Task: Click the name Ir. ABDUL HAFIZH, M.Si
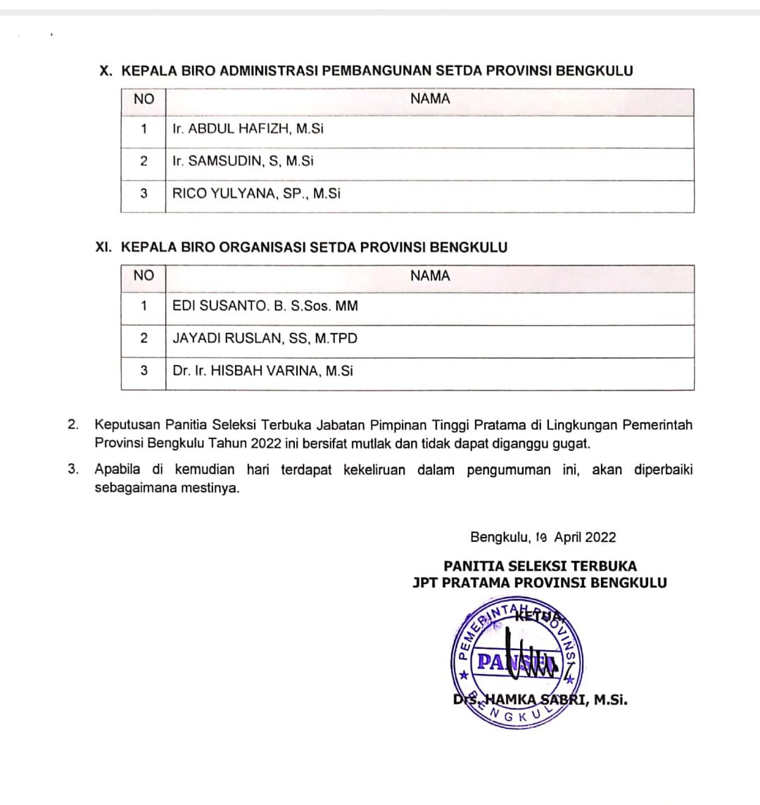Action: coord(248,129)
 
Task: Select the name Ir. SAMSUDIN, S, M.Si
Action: coord(243,161)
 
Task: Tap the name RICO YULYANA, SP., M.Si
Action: coord(256,194)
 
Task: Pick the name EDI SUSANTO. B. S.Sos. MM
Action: coord(265,306)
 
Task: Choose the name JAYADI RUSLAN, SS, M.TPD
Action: coord(265,338)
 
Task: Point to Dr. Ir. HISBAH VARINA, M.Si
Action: coord(262,371)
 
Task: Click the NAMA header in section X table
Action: coord(429,99)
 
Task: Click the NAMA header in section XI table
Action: coord(429,276)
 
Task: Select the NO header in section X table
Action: coord(143,99)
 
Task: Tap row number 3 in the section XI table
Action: coord(144,371)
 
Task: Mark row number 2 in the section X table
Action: coord(144,161)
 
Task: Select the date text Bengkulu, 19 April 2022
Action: coord(543,538)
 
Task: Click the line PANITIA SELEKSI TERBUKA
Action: coord(540,566)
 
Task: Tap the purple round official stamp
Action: coord(514,662)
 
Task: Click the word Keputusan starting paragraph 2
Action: coord(127,425)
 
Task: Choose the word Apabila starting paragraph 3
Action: coord(118,470)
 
